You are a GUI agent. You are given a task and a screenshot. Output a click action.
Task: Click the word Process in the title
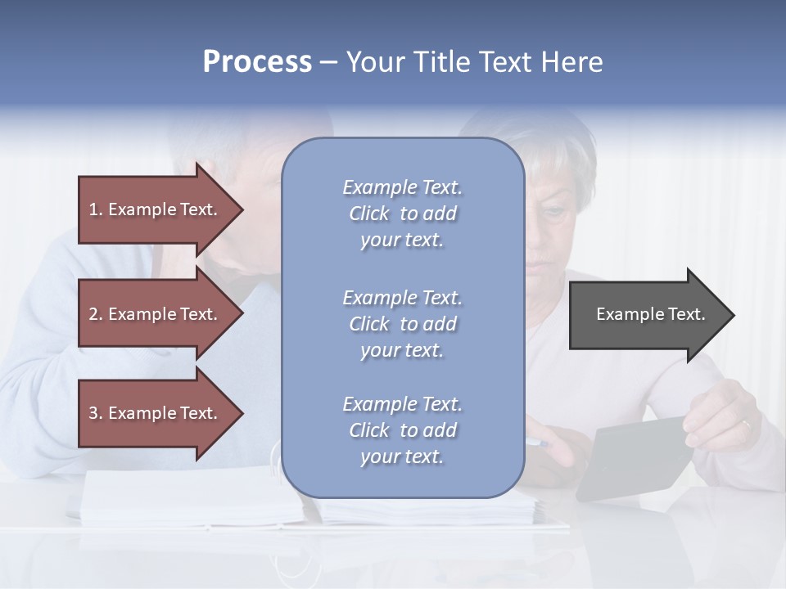257,62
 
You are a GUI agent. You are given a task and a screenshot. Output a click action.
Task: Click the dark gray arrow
647,314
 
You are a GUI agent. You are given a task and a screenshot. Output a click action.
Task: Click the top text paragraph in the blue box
402,214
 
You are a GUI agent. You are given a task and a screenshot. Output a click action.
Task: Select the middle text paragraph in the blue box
402,324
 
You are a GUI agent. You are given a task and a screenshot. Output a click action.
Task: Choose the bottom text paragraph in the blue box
402,430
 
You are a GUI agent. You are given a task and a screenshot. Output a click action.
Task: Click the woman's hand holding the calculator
720,417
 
